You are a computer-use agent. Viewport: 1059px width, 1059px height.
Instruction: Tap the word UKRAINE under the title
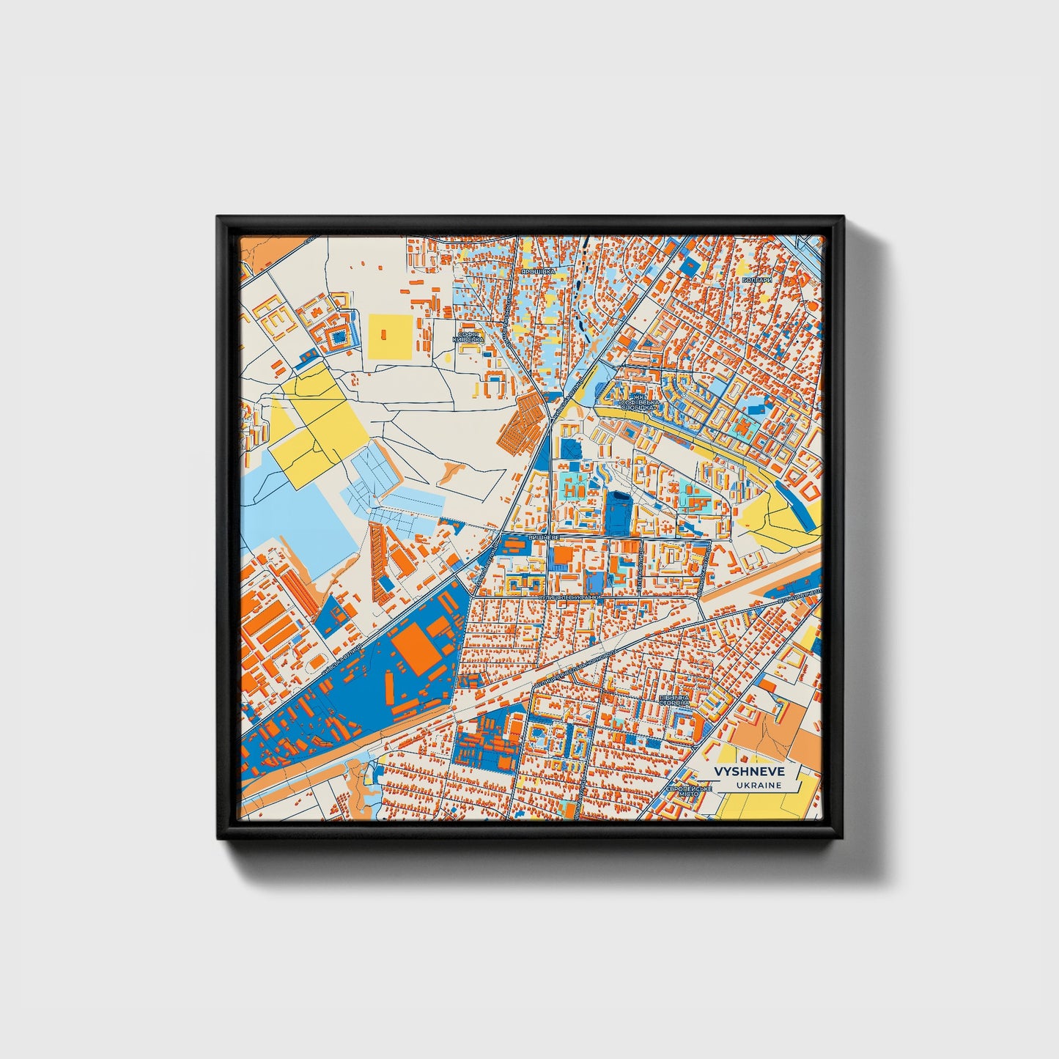click(759, 785)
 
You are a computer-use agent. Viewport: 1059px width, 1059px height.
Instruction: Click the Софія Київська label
click(468, 337)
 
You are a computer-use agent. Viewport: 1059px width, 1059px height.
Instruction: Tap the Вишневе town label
click(543, 537)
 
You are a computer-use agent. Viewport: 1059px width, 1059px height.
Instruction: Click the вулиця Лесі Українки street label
click(570, 597)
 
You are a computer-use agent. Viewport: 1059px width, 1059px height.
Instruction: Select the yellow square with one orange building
click(390, 336)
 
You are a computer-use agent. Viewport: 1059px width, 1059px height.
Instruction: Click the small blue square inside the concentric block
click(338, 336)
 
